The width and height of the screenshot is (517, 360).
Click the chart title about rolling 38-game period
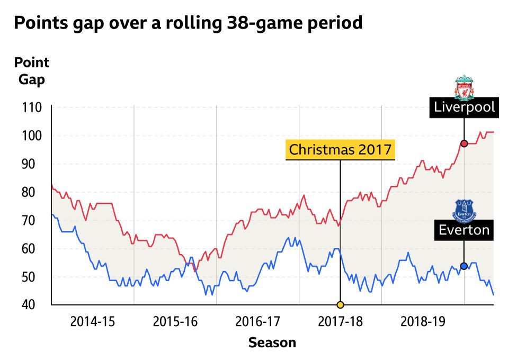coord(188,24)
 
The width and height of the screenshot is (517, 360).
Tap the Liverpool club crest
coord(465,87)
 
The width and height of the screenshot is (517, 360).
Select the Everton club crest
coord(464,210)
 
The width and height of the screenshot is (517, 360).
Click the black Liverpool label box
coord(464,107)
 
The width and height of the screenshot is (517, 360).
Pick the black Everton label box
coord(464,230)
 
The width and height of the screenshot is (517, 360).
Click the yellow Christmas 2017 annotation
coord(340,149)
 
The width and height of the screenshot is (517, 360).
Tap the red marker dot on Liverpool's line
coord(464,143)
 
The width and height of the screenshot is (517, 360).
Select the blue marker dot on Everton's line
coord(464,266)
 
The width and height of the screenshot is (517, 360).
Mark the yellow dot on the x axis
coord(340,304)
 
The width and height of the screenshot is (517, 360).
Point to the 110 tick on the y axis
coord(32,107)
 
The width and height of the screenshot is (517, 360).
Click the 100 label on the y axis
coord(32,136)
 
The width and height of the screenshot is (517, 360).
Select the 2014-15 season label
coord(93,321)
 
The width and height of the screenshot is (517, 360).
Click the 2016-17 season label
coord(257,321)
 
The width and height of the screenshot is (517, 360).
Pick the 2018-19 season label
coord(423,321)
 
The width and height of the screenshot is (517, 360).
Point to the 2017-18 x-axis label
coord(340,321)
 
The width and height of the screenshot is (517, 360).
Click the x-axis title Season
coord(272,343)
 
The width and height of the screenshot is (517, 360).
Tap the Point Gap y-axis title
coord(32,71)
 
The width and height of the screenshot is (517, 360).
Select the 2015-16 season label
coord(175,321)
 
